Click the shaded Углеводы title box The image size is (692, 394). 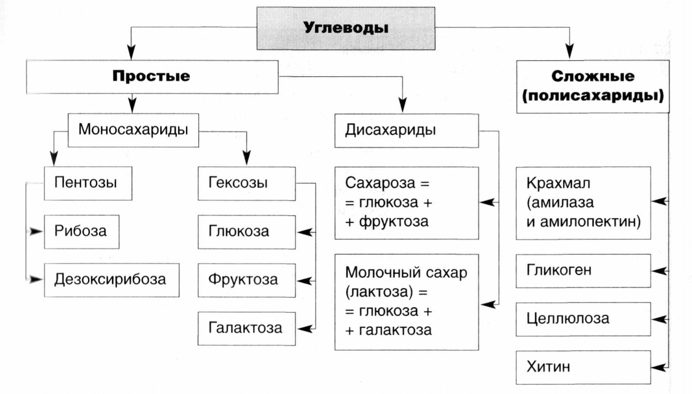(345, 28)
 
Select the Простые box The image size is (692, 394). (151, 76)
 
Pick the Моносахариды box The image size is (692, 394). (133, 130)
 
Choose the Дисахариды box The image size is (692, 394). (406, 130)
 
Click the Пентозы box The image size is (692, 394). (88, 182)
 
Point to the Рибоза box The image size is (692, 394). (81, 231)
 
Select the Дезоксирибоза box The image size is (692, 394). (111, 280)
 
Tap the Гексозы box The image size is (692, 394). (246, 182)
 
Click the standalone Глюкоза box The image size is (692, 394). (246, 232)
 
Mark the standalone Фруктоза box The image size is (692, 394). (246, 280)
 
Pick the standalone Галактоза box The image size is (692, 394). (246, 328)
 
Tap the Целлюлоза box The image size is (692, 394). (583, 318)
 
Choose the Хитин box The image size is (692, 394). (583, 367)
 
